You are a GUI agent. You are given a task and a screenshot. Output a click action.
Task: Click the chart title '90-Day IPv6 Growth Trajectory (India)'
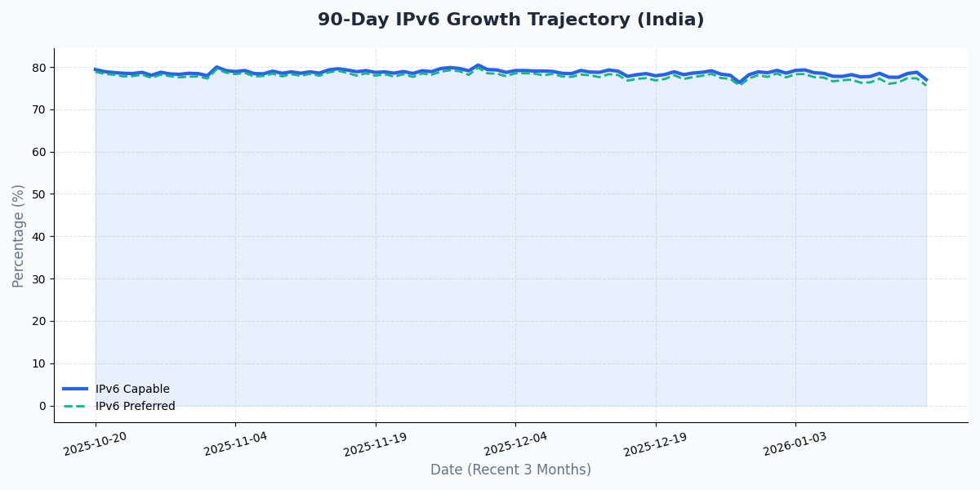click(x=510, y=20)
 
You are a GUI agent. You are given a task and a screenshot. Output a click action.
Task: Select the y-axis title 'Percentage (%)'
click(x=19, y=235)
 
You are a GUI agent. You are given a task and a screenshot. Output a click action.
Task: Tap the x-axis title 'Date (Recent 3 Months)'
click(x=510, y=470)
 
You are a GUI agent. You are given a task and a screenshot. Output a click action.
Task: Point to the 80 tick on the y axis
click(x=39, y=68)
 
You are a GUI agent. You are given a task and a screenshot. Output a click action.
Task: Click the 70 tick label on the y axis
click(x=39, y=109)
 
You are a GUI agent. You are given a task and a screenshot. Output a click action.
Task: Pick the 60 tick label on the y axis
click(x=39, y=152)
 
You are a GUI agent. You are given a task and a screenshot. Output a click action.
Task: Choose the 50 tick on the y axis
click(x=39, y=194)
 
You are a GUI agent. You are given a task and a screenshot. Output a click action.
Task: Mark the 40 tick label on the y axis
click(x=39, y=237)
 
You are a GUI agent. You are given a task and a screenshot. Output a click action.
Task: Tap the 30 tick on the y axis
click(x=39, y=279)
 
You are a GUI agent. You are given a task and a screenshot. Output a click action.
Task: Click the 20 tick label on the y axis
click(x=39, y=321)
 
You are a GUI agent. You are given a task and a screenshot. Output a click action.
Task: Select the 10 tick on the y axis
click(x=39, y=363)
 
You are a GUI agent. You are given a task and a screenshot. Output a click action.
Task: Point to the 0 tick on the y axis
click(x=42, y=406)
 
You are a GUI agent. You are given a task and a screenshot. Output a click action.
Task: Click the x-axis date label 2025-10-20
click(x=96, y=443)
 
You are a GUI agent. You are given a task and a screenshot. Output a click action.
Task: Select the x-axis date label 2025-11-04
click(x=236, y=443)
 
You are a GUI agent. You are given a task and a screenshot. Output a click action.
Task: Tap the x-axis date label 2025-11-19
click(x=376, y=443)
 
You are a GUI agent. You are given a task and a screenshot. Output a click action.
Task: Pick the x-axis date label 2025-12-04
click(x=515, y=443)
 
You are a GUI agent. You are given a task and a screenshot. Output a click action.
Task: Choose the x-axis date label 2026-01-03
click(x=795, y=443)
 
